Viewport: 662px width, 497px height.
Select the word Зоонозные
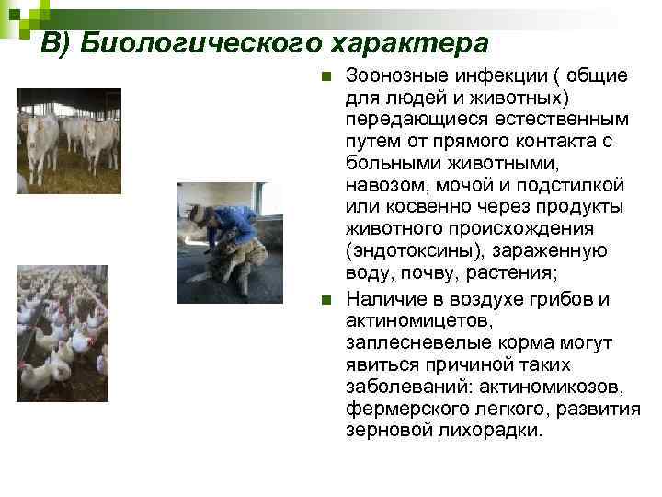(x=395, y=75)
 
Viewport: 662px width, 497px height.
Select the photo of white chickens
(x=63, y=332)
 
